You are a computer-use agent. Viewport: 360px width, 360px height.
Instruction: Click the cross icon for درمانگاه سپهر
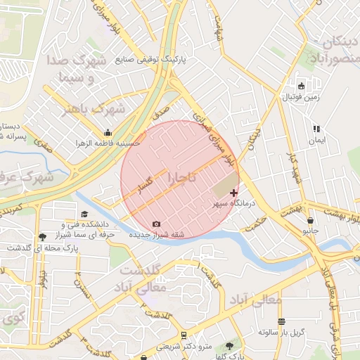click(x=234, y=192)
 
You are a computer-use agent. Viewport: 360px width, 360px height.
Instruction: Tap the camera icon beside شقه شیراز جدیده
click(x=156, y=224)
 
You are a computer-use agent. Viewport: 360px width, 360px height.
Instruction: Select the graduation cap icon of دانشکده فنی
click(x=84, y=214)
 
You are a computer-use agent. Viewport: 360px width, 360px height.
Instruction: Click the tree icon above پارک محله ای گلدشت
click(x=44, y=237)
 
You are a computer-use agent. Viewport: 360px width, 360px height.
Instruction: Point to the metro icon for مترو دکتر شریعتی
click(x=184, y=335)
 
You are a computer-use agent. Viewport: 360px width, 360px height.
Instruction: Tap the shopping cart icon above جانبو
click(x=307, y=219)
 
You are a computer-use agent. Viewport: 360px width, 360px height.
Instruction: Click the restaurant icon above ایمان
click(x=316, y=129)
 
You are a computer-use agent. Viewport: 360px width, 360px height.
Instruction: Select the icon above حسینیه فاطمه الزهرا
click(x=107, y=132)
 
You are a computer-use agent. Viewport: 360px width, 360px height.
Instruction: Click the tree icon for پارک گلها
click(x=229, y=346)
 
